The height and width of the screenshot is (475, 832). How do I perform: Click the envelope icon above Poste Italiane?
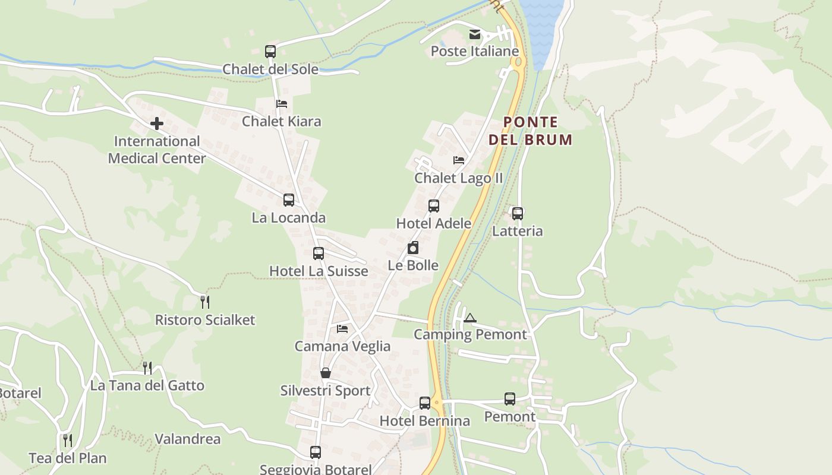point(474,34)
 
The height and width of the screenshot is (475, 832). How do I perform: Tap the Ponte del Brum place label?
point(530,131)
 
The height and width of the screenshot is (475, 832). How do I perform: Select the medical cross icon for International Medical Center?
point(157,123)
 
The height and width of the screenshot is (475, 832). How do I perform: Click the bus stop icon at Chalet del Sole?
point(270,52)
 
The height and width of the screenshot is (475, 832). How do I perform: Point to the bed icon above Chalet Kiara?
point(282,104)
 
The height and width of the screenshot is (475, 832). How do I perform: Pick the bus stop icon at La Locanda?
point(289,200)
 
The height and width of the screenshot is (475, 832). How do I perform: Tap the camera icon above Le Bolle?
point(413,248)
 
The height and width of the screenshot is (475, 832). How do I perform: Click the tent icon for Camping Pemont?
point(470,318)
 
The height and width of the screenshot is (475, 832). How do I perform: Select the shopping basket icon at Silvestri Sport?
point(326,373)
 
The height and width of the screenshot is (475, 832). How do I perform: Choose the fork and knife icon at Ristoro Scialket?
point(205,302)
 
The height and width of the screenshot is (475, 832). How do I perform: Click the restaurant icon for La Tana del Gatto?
point(147,368)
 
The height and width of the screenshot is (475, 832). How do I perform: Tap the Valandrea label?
point(187,439)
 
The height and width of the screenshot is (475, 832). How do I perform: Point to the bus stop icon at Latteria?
point(518,214)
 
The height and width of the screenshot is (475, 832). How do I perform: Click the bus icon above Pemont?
point(510,399)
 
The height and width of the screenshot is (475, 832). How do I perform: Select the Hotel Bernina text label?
point(424,421)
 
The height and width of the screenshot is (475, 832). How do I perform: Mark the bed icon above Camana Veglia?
point(342,328)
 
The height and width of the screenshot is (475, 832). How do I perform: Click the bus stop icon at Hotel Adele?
point(434,206)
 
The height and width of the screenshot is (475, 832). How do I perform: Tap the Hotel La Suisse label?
point(319,271)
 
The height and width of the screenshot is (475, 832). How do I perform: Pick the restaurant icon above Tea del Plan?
point(68,441)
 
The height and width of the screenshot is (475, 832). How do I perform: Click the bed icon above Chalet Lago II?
point(459,160)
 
